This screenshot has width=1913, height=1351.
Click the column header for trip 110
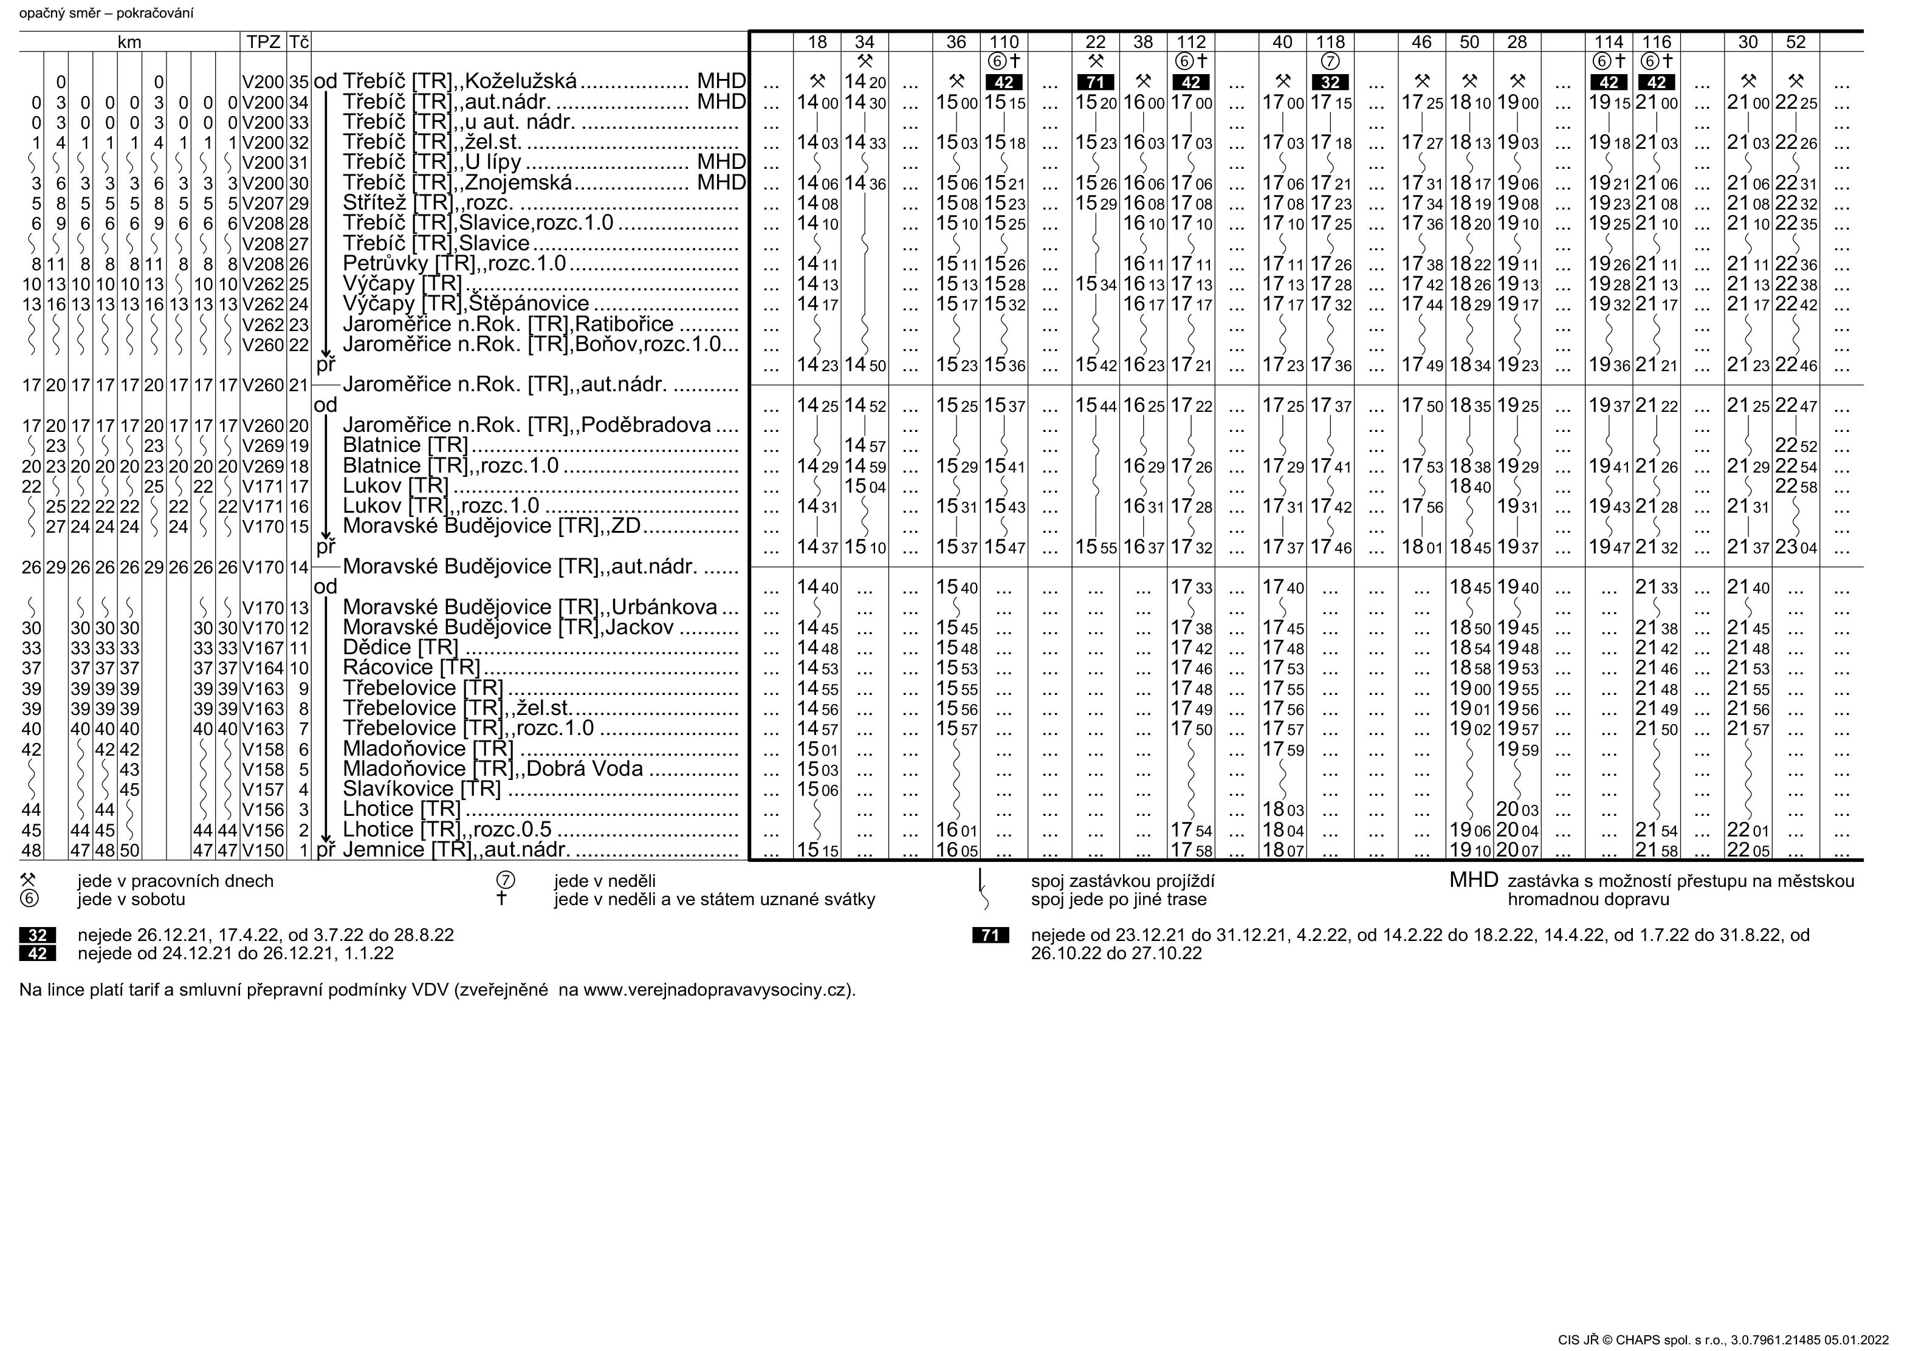coord(1003,42)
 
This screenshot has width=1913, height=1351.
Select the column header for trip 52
coord(1796,42)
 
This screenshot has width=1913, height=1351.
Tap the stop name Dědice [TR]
coord(400,647)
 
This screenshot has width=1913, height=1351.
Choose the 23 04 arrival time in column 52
coord(1796,547)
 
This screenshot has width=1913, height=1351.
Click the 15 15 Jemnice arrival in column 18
coord(817,850)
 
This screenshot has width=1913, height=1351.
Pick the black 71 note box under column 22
coord(1095,83)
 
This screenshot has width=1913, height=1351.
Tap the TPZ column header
coord(263,42)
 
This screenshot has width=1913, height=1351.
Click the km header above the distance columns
coord(129,42)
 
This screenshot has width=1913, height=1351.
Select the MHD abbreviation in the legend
coord(1473,880)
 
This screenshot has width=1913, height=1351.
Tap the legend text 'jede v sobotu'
coord(132,900)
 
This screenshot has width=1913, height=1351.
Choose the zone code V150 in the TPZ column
coord(263,850)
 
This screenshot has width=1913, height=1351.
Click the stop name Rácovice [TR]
coord(411,667)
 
